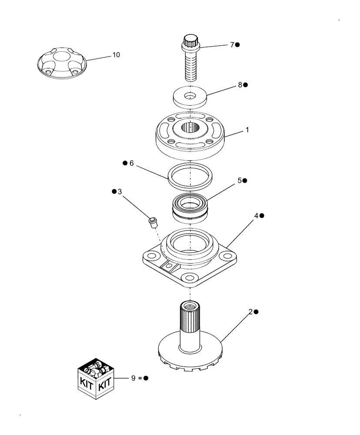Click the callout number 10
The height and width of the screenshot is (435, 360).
click(x=117, y=55)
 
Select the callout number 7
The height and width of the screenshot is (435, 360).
click(x=232, y=44)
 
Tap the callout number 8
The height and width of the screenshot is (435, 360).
click(x=240, y=85)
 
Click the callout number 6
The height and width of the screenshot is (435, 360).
click(x=131, y=163)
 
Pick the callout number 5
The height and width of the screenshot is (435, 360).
click(x=240, y=180)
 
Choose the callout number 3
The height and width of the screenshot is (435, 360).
click(x=120, y=191)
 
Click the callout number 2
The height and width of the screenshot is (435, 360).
click(x=251, y=311)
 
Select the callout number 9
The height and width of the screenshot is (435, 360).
click(x=134, y=378)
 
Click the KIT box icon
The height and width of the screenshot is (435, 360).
click(x=96, y=377)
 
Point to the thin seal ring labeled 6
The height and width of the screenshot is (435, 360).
click(x=190, y=177)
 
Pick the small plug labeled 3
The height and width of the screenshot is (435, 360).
click(x=152, y=222)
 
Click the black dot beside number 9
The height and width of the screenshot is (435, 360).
click(x=146, y=378)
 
